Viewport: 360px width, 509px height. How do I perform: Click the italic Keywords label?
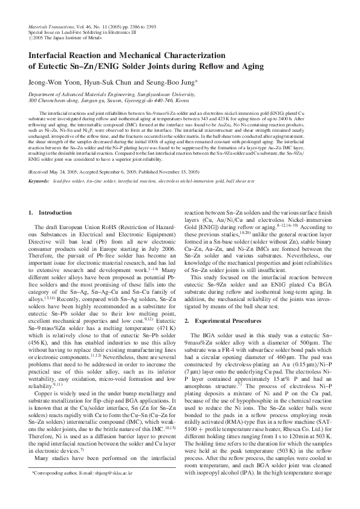[39, 181]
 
